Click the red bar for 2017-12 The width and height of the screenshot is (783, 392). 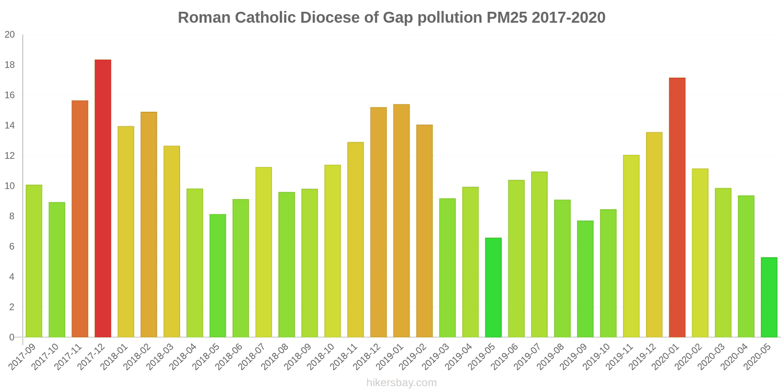point(103,198)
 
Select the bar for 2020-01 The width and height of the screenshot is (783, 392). point(677,208)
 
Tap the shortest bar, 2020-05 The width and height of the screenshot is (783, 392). point(769,297)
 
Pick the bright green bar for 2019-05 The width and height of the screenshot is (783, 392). point(493,287)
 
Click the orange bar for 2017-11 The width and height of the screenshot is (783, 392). point(80,219)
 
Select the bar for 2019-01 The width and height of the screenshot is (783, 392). point(401,221)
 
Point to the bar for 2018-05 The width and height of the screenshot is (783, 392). point(218,276)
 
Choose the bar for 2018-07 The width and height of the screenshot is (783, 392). point(264,252)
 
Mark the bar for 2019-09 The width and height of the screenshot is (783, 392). point(585,279)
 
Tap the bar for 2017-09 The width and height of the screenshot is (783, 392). point(34,261)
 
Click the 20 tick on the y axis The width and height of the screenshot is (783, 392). point(10,35)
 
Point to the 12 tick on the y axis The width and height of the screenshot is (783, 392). point(10,156)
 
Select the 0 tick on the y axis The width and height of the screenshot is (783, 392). point(12,338)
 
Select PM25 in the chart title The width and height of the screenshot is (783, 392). point(507,18)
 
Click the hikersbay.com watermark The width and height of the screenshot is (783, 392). point(402,383)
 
